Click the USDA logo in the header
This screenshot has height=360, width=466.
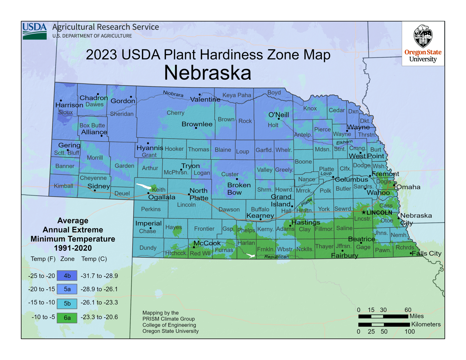pyautogui.click(x=35, y=31)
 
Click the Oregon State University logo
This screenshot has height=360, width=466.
pyautogui.click(x=423, y=44)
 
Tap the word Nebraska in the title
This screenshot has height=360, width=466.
pyautogui.click(x=208, y=73)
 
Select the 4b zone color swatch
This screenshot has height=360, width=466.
pyautogui.click(x=67, y=276)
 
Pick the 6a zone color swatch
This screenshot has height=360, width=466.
pyautogui.click(x=67, y=318)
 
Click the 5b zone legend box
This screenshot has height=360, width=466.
pyautogui.click(x=67, y=303)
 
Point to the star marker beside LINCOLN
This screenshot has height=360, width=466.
pyautogui.click(x=363, y=213)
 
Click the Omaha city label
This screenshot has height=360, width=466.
pyautogui.click(x=408, y=187)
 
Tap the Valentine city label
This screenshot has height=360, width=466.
pyautogui.click(x=205, y=99)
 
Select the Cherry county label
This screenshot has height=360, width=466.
pyautogui.click(x=175, y=113)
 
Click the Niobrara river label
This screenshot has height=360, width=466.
pyautogui.click(x=173, y=94)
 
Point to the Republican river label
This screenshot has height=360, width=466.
pyautogui.click(x=276, y=257)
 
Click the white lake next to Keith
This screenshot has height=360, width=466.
pyautogui.click(x=143, y=186)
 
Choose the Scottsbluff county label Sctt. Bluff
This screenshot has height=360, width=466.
pyautogui.click(x=66, y=153)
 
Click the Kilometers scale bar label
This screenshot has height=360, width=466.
pyautogui.click(x=426, y=324)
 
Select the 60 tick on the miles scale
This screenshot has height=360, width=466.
pyautogui.click(x=408, y=310)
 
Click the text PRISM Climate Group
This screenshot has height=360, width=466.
pyautogui.click(x=169, y=319)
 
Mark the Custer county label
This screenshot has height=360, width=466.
pyautogui.click(x=230, y=174)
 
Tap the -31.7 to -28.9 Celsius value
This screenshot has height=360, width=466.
pyautogui.click(x=99, y=276)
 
